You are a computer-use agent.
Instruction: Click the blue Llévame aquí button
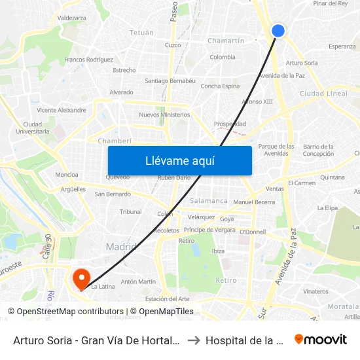click(x=179, y=160)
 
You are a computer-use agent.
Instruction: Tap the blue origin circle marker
click(x=278, y=31)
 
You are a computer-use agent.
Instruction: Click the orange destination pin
click(x=82, y=279)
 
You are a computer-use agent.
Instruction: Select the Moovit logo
click(x=320, y=340)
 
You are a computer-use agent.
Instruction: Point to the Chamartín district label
click(x=225, y=41)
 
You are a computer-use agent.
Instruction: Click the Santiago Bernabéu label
click(x=170, y=81)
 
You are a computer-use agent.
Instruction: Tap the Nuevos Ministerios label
click(x=164, y=115)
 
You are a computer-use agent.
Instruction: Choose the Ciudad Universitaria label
click(x=36, y=128)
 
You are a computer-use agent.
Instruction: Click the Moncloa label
click(x=67, y=175)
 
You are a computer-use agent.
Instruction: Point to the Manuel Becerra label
click(x=254, y=202)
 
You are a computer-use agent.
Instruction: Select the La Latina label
click(x=103, y=286)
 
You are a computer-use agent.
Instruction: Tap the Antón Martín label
click(x=138, y=282)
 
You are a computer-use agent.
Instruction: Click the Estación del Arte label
click(x=167, y=299)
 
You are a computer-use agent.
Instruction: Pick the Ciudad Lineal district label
click(x=323, y=94)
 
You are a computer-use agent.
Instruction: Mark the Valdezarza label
click(x=72, y=18)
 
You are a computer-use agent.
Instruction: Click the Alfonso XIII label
click(x=257, y=101)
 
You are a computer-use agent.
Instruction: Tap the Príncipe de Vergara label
click(x=209, y=230)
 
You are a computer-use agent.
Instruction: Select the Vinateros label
click(x=316, y=291)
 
